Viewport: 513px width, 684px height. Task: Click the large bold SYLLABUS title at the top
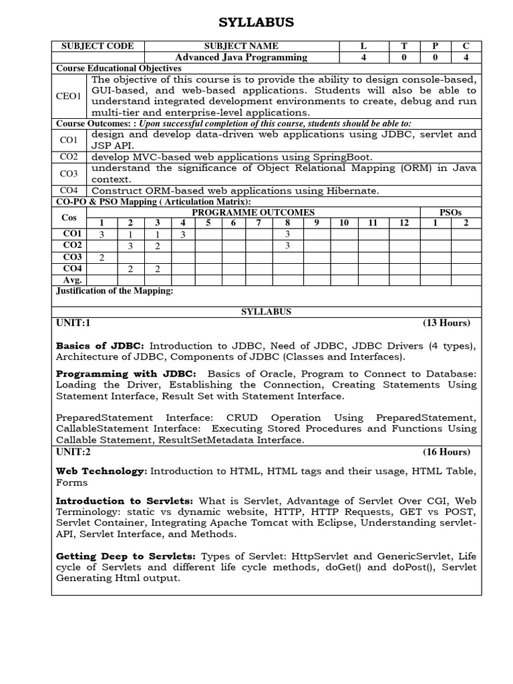256,23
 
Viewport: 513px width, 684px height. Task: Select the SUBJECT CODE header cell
98,46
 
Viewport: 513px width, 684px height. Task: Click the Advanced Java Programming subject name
241,57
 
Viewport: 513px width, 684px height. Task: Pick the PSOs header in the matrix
450,212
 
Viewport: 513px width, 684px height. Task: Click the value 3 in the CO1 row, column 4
182,234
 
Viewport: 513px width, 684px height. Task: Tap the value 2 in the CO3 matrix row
102,257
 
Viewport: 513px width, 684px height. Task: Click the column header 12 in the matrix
404,222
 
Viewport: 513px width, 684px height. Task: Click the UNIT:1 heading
73,323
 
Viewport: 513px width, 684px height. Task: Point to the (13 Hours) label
446,323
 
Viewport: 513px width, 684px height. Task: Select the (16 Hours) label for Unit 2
446,452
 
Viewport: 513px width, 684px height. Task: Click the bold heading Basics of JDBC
100,345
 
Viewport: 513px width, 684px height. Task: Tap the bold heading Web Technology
101,471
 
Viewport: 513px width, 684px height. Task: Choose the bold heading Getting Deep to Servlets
126,556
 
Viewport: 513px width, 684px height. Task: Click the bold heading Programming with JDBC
126,374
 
